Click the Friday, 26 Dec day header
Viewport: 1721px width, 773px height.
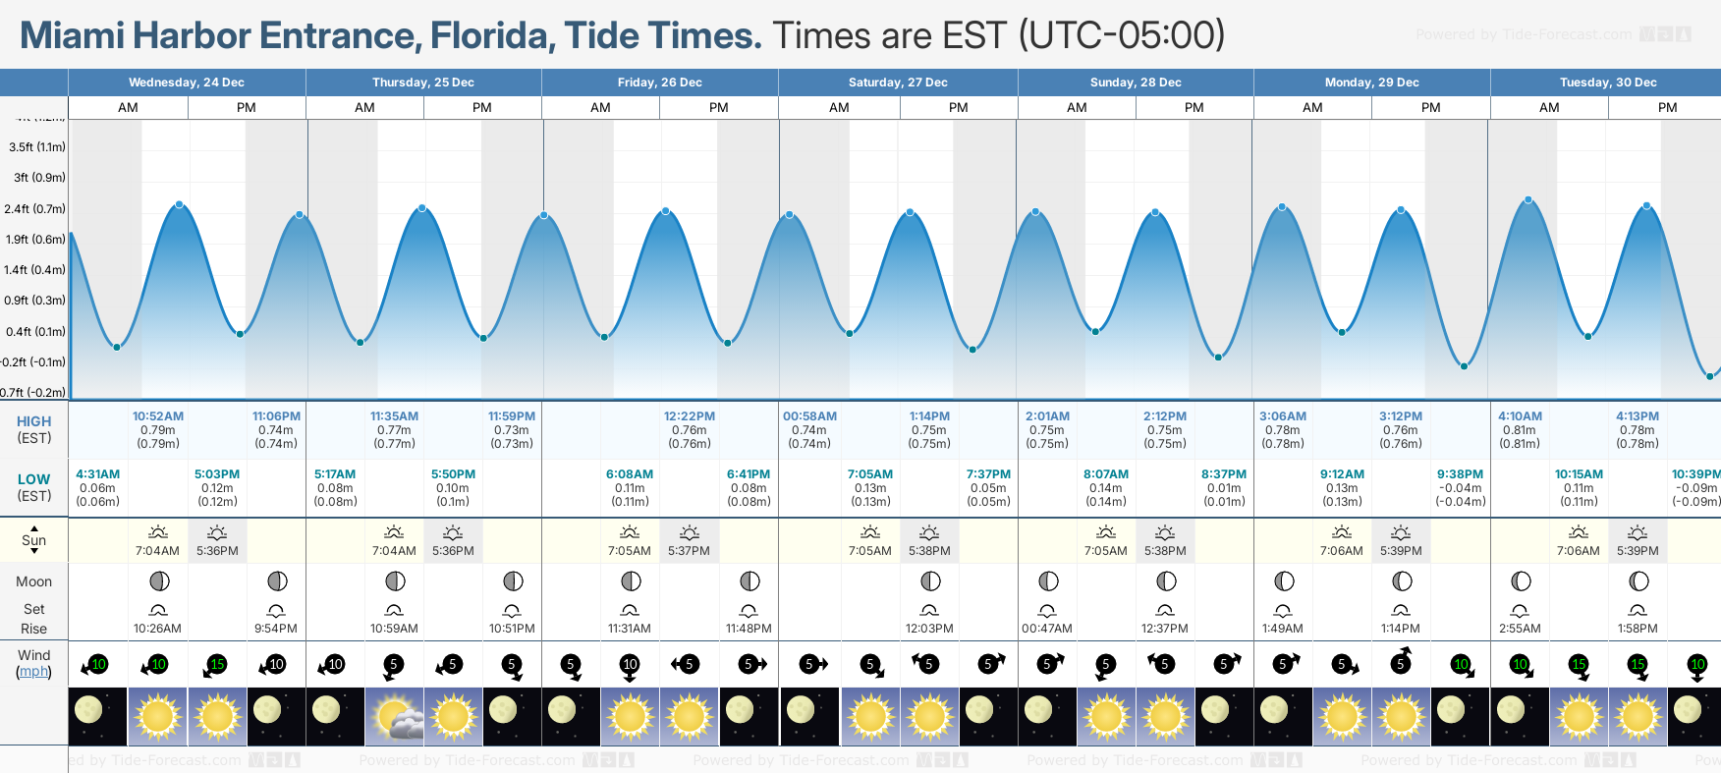659,83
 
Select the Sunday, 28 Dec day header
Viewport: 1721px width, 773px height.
1136,83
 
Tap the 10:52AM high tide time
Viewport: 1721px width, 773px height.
158,416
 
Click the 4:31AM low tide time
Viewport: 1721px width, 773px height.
98,474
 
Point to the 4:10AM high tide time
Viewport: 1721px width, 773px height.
1520,416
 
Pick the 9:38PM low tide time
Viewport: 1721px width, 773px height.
1461,474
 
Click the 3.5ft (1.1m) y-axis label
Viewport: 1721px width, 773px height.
37,147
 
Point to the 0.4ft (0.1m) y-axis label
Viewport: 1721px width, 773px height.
36,332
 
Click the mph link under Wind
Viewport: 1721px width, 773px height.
33,672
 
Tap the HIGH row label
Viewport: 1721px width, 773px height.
33,421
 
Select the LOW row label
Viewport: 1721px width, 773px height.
33,479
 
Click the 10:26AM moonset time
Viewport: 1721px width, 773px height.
158,629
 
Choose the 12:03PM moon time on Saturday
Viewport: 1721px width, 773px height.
929,629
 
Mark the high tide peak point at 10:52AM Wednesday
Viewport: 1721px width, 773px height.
179,204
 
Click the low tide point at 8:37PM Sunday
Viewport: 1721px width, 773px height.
1218,357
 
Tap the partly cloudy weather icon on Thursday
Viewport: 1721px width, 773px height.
394,716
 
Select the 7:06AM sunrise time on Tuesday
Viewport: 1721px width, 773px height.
1579,551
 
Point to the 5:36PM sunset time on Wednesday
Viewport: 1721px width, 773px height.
217,551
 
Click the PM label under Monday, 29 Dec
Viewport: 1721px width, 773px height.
1430,108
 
